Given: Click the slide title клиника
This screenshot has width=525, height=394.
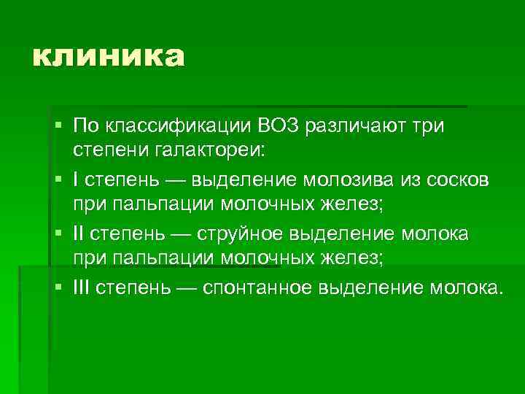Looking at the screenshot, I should click(x=108, y=56).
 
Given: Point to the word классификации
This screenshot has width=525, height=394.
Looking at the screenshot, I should click(x=182, y=125).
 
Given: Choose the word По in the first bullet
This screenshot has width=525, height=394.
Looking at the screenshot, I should click(x=88, y=125).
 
